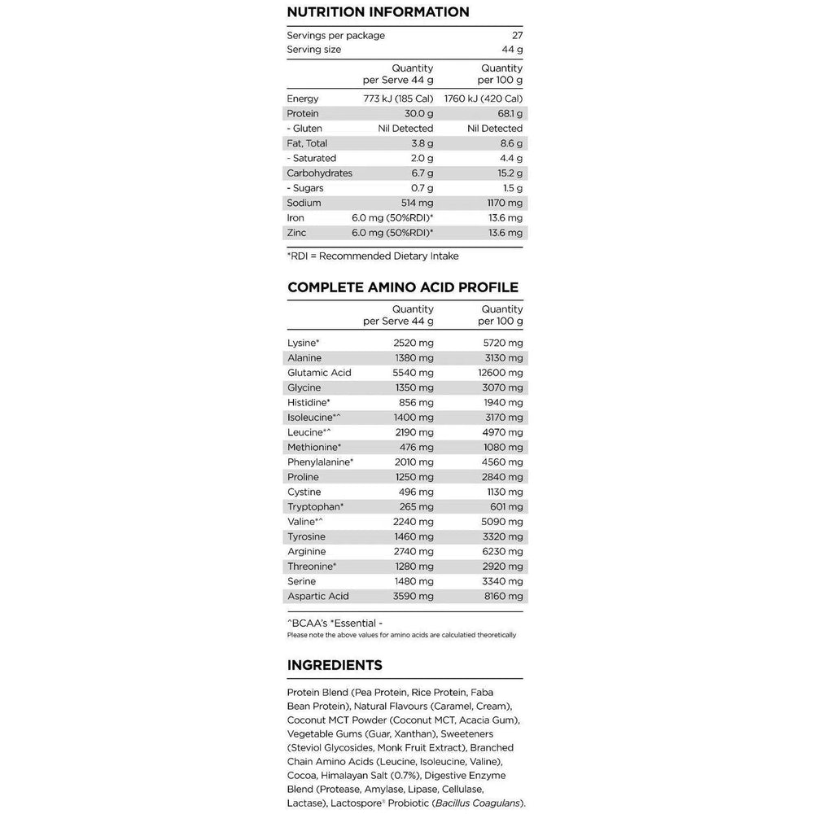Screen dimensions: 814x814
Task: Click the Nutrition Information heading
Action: [378, 12]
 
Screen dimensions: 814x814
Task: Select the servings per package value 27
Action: [518, 36]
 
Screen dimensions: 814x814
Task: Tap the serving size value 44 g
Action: [512, 50]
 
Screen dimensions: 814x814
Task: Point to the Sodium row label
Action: [304, 203]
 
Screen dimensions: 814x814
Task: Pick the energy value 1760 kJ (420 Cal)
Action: [484, 99]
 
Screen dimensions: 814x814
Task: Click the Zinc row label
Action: [297, 233]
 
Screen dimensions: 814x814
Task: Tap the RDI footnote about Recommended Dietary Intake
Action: [373, 256]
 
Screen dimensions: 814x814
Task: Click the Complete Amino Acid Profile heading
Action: [403, 287]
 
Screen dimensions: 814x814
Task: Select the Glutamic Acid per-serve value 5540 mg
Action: [413, 373]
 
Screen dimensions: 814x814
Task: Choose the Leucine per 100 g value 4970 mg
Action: [502, 432]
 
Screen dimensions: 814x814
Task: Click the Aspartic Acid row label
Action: [317, 597]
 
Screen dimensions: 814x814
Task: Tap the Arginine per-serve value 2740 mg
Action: [413, 552]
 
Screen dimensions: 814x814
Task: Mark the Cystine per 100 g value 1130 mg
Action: [503, 492]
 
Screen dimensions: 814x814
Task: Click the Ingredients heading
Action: [335, 666]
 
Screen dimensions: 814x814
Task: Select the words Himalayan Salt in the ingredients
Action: [357, 775]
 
